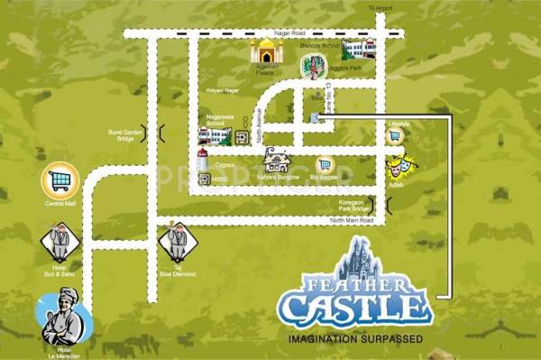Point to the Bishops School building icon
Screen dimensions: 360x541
pos(358,50)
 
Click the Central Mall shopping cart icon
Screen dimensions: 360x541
pos(60,180)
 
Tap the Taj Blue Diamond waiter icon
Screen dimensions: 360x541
pos(176,243)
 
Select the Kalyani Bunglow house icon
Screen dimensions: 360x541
pos(276,161)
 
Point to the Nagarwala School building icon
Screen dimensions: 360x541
pos(215,137)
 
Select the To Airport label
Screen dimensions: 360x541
pos(382,9)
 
